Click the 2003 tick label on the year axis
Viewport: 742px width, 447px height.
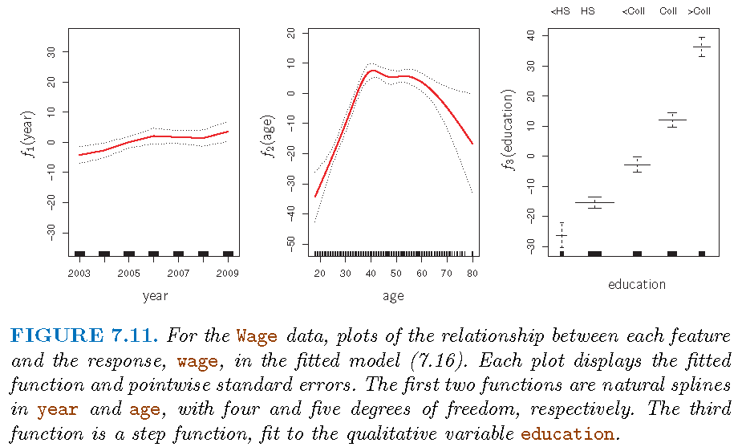pyautogui.click(x=79, y=273)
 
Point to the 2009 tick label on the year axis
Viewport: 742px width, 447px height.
pyautogui.click(x=228, y=273)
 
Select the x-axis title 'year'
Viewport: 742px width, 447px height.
pyautogui.click(x=155, y=296)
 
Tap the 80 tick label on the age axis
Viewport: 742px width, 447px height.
pyautogui.click(x=472, y=273)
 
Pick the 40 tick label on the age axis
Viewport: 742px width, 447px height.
pyautogui.click(x=370, y=273)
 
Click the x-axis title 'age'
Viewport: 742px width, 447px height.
pyautogui.click(x=393, y=296)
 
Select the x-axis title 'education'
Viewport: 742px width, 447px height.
pyautogui.click(x=637, y=284)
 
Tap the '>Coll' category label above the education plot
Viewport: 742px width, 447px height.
pyautogui.click(x=699, y=11)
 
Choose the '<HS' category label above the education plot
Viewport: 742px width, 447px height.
pyautogui.click(x=560, y=11)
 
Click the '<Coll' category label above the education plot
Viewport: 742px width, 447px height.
pyautogui.click(x=634, y=11)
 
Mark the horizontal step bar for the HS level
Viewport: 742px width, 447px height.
pyautogui.click(x=594, y=202)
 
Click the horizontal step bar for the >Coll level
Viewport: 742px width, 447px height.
pyautogui.click(x=702, y=47)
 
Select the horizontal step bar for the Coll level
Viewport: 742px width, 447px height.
pyautogui.click(x=672, y=120)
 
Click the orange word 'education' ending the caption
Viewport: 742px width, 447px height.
pyautogui.click(x=567, y=434)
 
